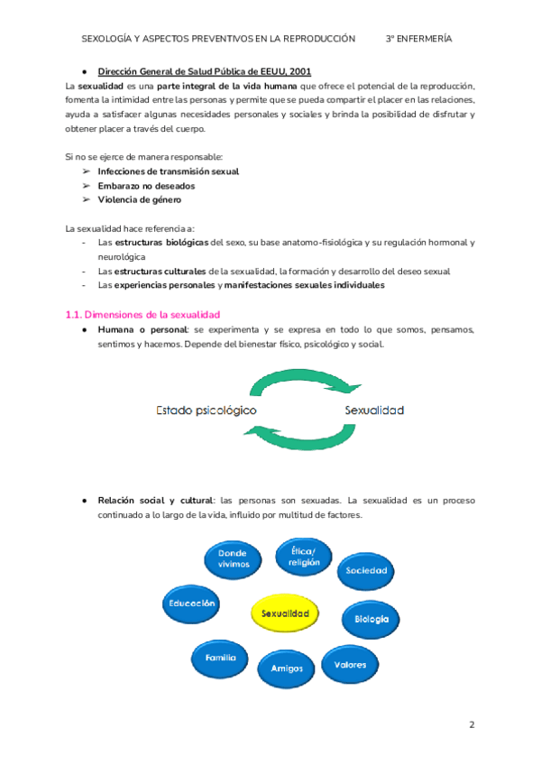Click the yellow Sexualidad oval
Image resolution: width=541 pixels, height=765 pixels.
[x=285, y=613]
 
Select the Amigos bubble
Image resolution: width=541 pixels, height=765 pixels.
[x=280, y=668]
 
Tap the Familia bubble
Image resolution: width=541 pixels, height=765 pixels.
[x=220, y=658]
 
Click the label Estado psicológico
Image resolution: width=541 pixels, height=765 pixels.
[x=206, y=410]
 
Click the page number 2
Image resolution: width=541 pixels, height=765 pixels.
[x=471, y=725]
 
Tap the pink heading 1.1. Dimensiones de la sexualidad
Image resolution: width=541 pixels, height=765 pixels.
[x=143, y=314]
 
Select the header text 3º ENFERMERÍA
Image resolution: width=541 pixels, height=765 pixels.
[x=418, y=39]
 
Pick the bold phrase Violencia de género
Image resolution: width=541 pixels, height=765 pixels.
[x=140, y=199]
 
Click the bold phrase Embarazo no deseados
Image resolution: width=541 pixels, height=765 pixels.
[x=146, y=185]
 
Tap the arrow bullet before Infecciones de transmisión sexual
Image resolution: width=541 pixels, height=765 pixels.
[x=86, y=171]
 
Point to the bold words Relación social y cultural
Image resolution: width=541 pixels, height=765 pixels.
[x=155, y=500]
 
